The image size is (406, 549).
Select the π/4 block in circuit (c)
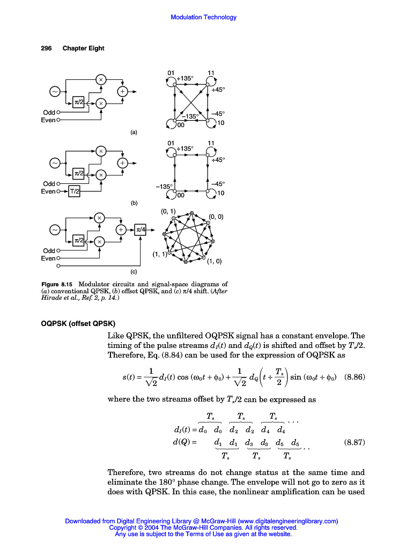coord(141,229)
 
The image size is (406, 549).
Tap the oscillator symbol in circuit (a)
coord(55,92)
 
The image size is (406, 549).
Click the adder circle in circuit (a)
coord(123,92)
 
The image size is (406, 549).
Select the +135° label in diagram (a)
coord(185,78)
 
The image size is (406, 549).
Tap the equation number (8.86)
coord(354,376)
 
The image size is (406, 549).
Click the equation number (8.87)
coord(354,443)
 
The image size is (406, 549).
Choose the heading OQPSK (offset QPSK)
coord(78,323)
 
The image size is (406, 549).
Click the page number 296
coord(46,48)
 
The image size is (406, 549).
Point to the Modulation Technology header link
coord(203,17)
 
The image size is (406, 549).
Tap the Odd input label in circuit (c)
coord(49,250)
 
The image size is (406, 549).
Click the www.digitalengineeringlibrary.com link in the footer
coord(287,521)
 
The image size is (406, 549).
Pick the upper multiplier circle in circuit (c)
coord(99,218)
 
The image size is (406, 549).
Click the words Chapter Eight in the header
coord(83,48)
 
